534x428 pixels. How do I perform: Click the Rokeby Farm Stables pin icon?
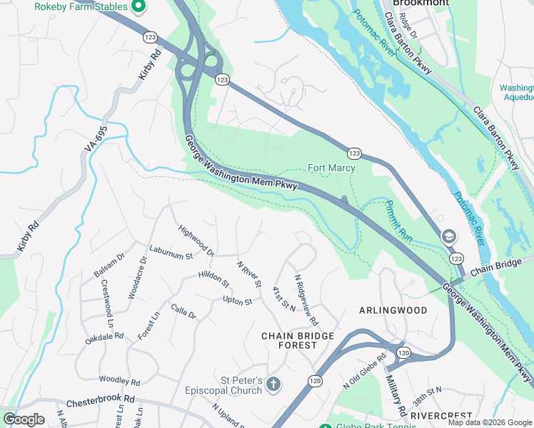(x=138, y=7)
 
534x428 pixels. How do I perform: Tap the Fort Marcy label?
(x=331, y=168)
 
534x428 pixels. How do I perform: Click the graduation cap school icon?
(x=448, y=236)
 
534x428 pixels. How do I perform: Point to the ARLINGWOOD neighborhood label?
(x=393, y=310)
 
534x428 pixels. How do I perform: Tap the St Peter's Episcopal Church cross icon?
(x=272, y=386)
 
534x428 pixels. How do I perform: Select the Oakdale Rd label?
(x=105, y=335)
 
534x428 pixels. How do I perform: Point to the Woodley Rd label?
(x=119, y=381)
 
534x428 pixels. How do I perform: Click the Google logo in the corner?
(x=24, y=419)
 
